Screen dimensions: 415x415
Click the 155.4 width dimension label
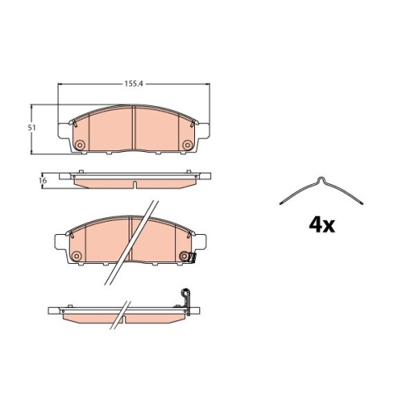131,84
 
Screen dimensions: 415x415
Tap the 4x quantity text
320,224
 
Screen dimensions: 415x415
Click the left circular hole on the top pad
79,147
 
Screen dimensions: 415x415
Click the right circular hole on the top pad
189,147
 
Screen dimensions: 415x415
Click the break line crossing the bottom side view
124,315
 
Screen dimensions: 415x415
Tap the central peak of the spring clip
321,180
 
